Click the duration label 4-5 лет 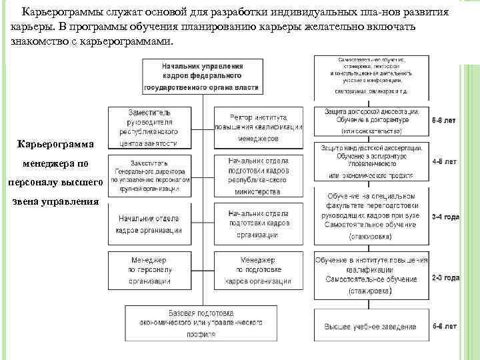[x=445, y=161]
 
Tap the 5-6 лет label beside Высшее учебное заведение [x=445, y=326]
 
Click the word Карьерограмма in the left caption [x=57, y=144]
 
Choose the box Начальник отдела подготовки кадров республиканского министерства [x=258, y=175]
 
